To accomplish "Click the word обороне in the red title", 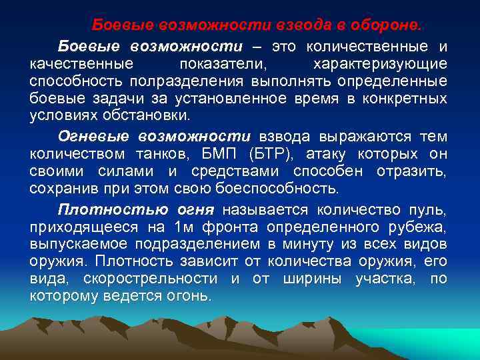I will coord(389,25).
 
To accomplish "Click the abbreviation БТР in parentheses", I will coord(263,155).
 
